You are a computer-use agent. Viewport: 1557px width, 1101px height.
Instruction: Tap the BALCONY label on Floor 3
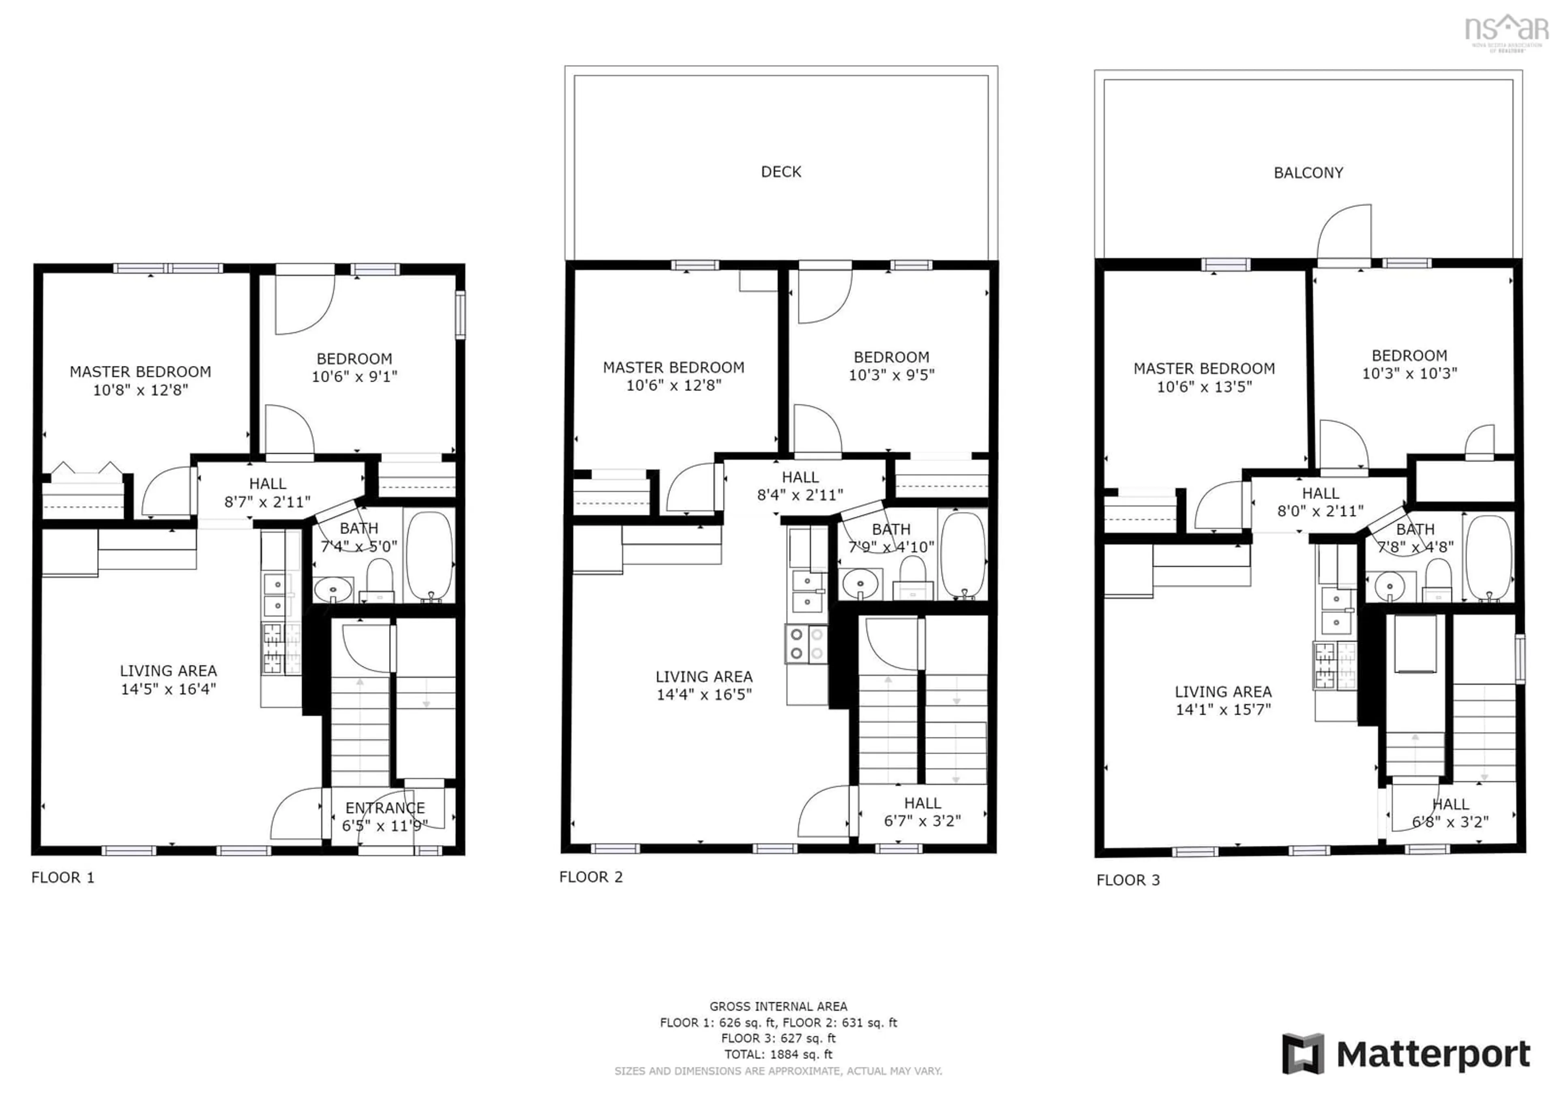pyautogui.click(x=1308, y=173)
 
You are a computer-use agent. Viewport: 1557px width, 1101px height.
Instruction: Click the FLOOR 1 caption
pyautogui.click(x=62, y=877)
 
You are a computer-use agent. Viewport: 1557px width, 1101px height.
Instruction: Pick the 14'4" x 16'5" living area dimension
pyautogui.click(x=704, y=694)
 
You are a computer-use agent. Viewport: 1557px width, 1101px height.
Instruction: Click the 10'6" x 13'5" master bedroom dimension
pyautogui.click(x=1204, y=387)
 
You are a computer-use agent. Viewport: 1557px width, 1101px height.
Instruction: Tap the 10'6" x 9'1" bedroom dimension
pyautogui.click(x=354, y=376)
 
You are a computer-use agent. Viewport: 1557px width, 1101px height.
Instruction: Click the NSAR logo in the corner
pyautogui.click(x=1506, y=30)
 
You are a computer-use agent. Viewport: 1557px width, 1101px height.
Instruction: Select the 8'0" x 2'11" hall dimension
pyautogui.click(x=1320, y=511)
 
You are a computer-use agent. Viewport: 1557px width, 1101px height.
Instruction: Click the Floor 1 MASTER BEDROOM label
pyautogui.click(x=140, y=372)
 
